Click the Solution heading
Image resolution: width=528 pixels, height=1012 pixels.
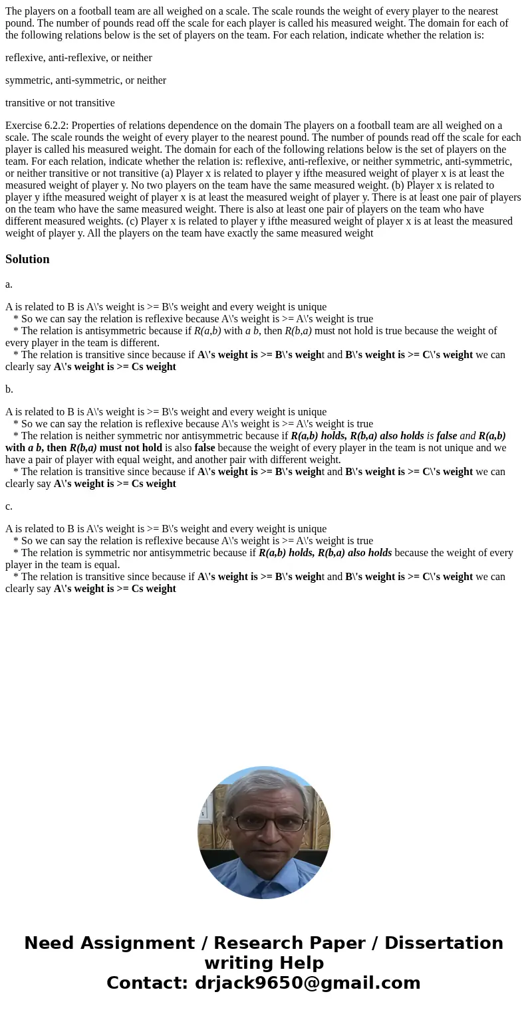click(27, 259)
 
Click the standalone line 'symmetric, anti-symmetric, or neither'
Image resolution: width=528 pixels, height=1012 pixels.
click(86, 80)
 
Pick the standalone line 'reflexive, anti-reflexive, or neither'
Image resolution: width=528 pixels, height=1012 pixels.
click(78, 58)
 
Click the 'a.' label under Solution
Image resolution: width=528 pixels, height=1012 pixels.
click(9, 284)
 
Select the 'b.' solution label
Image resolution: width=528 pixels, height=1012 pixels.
click(9, 389)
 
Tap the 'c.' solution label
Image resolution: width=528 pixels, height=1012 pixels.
click(9, 506)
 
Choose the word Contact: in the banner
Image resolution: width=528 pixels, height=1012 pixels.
click(147, 983)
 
